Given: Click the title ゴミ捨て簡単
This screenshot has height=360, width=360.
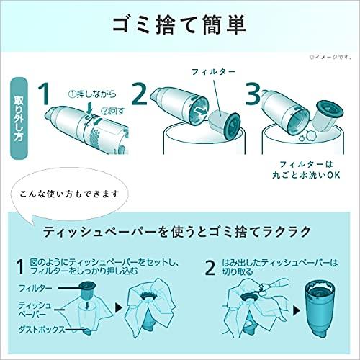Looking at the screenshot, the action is tap(179, 25).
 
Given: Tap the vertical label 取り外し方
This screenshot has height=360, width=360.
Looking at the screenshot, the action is tap(19, 119).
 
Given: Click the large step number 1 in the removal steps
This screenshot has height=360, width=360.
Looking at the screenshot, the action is tap(45, 94).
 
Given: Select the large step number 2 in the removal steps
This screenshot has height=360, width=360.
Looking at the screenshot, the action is tap(140, 94).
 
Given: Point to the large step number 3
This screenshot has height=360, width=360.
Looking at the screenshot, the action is tap(253, 94).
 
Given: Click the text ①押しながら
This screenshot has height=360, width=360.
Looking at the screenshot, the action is tap(92, 94).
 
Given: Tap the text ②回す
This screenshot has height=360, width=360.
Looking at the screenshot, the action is tap(113, 111).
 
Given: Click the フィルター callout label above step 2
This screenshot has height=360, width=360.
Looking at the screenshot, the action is tap(214, 71).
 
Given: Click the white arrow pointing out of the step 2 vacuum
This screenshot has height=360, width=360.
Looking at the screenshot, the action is tap(200, 112).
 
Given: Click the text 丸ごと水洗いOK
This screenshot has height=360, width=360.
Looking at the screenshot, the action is tap(306, 175).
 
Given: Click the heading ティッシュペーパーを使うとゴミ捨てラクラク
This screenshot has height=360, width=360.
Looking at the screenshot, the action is tap(176, 232).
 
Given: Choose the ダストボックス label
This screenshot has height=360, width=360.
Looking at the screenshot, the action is tap(42, 329).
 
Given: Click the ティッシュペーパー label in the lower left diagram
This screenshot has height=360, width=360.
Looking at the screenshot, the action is tap(35, 310).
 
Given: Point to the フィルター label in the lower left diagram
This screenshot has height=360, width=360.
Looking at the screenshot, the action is tap(35, 288).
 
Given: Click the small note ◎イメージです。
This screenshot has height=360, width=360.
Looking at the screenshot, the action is tap(331, 57).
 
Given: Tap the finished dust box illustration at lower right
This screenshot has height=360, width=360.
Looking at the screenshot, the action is tap(319, 309).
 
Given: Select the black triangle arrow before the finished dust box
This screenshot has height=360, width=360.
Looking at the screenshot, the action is tap(297, 311).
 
